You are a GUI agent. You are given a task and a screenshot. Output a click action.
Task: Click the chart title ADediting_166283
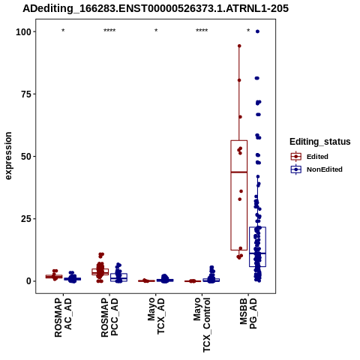(155, 8)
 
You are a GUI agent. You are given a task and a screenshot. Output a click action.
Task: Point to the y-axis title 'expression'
(8, 156)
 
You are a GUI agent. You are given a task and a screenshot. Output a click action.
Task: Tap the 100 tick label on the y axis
(23, 31)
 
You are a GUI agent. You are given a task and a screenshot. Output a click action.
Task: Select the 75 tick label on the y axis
(26, 94)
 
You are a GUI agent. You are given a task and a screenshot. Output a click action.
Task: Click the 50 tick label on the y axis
(26, 157)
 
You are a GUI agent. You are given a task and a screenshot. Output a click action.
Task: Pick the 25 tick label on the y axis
(26, 219)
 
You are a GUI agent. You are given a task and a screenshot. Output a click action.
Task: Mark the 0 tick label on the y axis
(29, 281)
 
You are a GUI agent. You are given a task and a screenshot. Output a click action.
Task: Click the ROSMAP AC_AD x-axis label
(63, 317)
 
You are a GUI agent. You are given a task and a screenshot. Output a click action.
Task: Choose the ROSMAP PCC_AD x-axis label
(109, 317)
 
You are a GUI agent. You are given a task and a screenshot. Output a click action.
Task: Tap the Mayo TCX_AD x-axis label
(156, 316)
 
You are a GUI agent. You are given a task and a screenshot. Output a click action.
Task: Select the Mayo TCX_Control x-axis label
(202, 325)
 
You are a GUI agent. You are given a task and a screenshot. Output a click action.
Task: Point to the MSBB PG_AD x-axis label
(248, 313)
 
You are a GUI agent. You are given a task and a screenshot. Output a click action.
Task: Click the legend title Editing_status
(320, 142)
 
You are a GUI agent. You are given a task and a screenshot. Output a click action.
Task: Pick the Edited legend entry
(310, 157)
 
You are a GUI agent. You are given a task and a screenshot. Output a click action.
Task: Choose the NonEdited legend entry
(316, 169)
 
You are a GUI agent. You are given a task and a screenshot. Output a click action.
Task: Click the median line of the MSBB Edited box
(239, 172)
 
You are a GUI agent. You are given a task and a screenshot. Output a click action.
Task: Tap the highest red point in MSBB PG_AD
(239, 46)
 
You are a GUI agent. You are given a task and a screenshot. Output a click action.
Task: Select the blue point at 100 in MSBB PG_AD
(257, 31)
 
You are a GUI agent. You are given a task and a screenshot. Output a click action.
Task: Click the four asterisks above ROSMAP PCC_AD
(109, 31)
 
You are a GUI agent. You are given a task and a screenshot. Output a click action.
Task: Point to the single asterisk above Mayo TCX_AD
(156, 31)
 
